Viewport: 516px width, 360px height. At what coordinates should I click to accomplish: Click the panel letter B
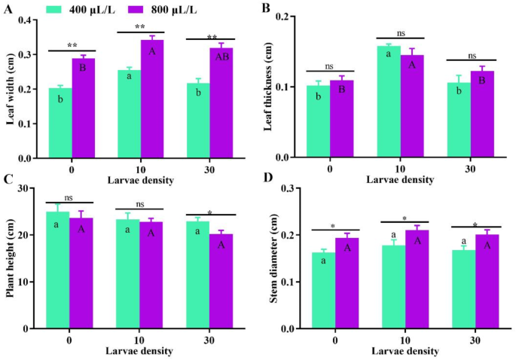click(264, 9)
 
